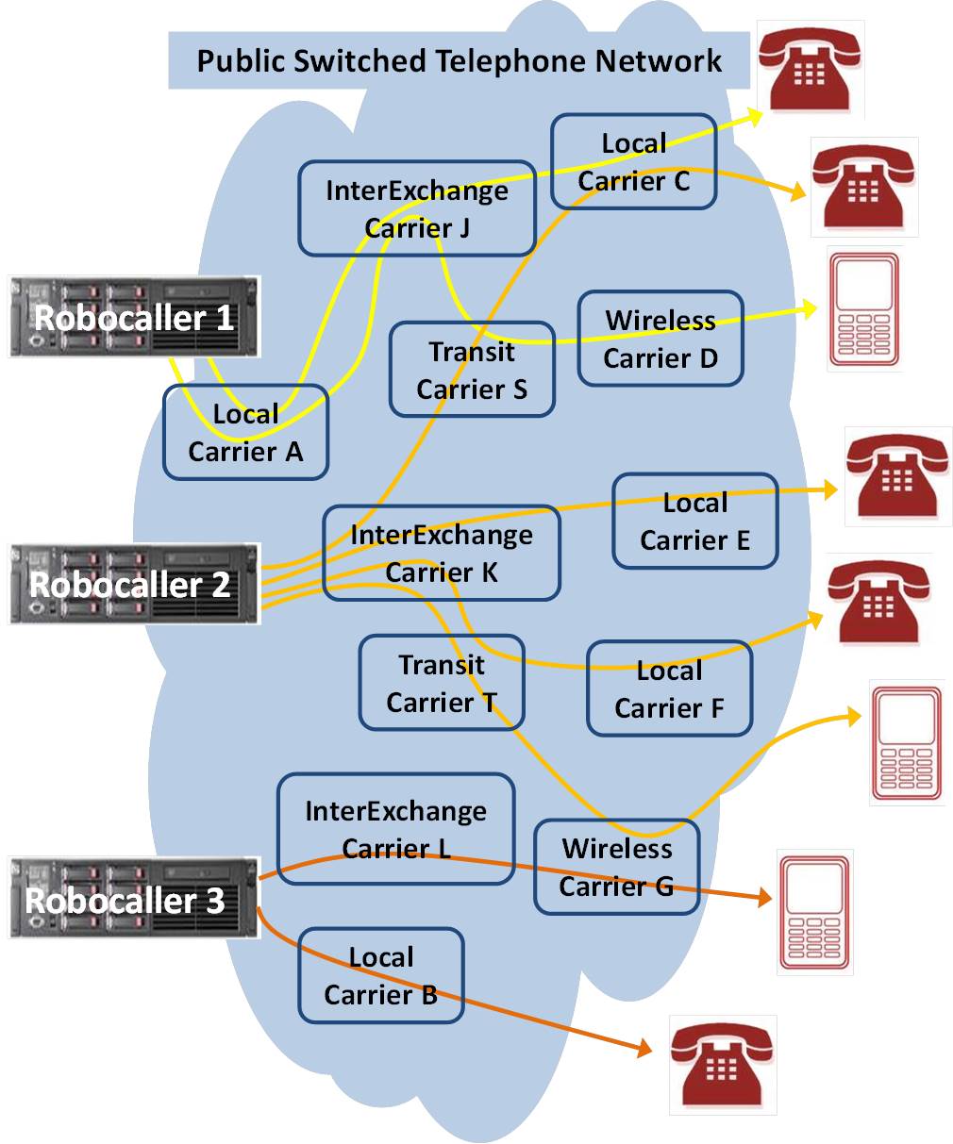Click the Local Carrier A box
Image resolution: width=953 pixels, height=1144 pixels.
pyautogui.click(x=245, y=433)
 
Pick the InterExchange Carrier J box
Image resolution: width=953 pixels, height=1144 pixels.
pyautogui.click(x=417, y=208)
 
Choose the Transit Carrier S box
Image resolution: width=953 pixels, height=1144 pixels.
pyautogui.click(x=472, y=370)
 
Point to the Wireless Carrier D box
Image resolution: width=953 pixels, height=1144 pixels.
pyautogui.click(x=660, y=339)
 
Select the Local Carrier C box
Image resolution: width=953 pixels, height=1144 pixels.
pyautogui.click(x=633, y=161)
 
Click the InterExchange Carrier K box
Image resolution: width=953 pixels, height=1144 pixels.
pyautogui.click(x=442, y=554)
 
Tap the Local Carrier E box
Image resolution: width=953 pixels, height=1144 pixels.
pyautogui.click(x=694, y=521)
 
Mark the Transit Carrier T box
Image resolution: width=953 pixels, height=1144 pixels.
pyautogui.click(x=442, y=683)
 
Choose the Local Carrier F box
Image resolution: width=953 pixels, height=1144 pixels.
pyautogui.click(x=669, y=688)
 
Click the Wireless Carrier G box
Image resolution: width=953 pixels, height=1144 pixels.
pyautogui.click(x=616, y=867)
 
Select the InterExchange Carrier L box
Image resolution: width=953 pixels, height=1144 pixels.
pyautogui.click(x=395, y=829)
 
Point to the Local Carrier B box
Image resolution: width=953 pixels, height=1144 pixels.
pyautogui.click(x=381, y=975)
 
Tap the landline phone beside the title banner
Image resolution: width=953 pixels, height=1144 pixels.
pyautogui.click(x=811, y=71)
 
